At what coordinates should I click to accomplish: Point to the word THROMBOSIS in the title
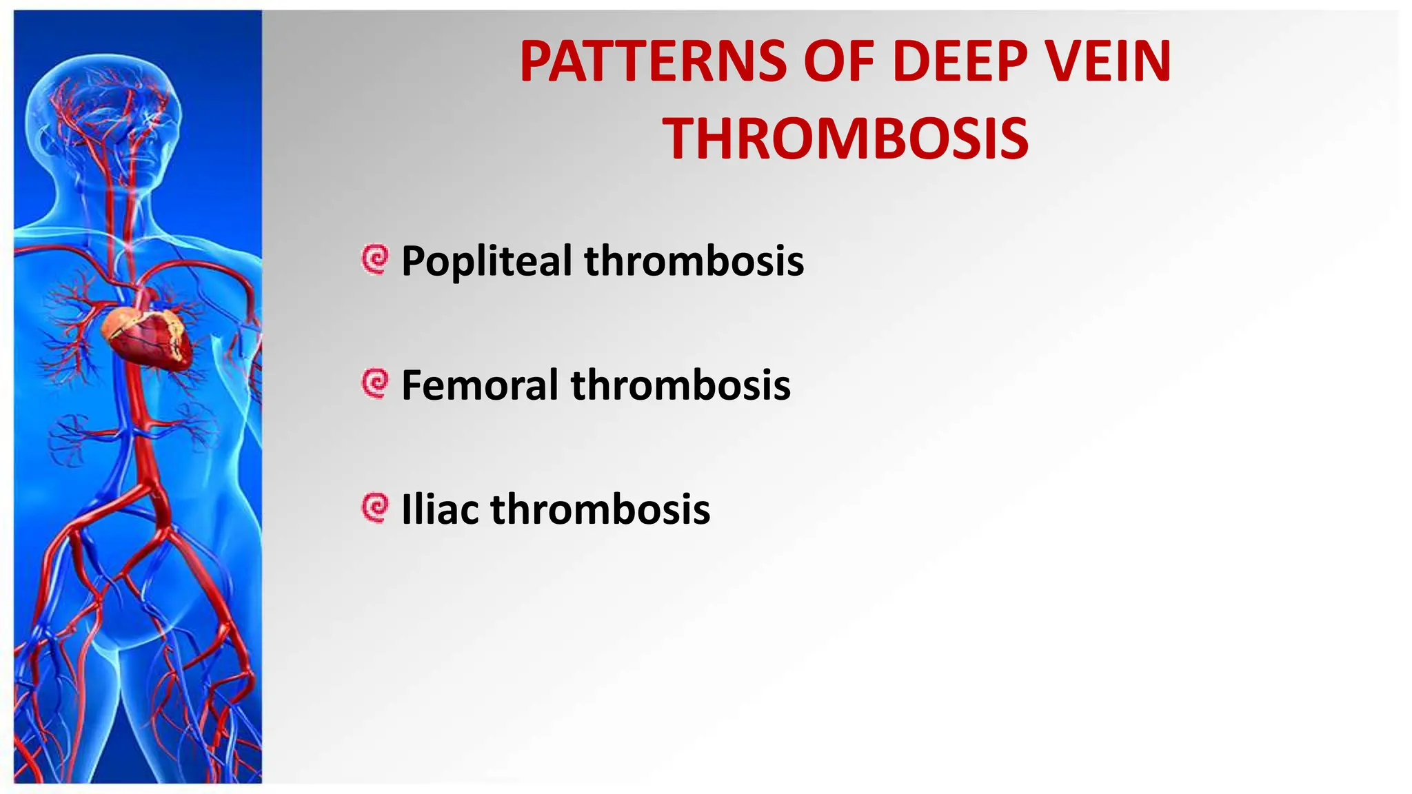tap(846, 139)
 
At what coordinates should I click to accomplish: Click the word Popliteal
tap(487, 262)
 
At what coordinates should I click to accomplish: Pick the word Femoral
tap(480, 385)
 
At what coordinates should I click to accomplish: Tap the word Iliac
tap(440, 509)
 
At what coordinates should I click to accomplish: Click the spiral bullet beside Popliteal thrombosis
tap(376, 260)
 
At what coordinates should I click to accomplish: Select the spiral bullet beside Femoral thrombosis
tap(376, 384)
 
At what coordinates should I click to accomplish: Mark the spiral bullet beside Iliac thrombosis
tap(376, 508)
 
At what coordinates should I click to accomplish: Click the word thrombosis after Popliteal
tap(694, 262)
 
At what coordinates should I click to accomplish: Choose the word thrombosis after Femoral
tap(680, 385)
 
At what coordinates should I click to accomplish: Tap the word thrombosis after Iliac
tap(601, 509)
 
